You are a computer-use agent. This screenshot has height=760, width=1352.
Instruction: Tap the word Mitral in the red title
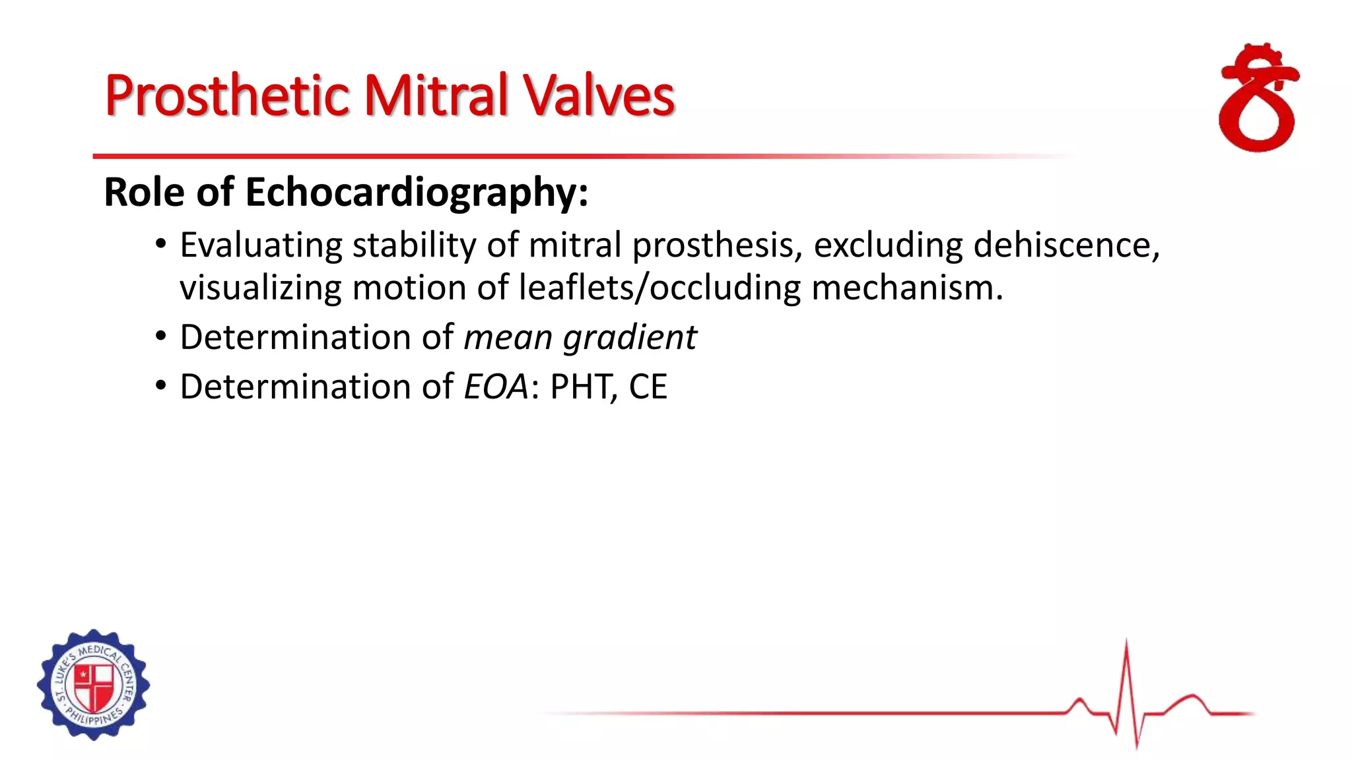[x=436, y=96]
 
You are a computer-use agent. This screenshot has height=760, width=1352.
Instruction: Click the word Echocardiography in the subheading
[x=417, y=193]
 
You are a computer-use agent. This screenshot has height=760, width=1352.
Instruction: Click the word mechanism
[x=907, y=288]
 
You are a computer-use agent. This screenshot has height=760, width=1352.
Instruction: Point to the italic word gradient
[x=630, y=338]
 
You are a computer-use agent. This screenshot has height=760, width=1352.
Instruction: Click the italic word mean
[x=508, y=338]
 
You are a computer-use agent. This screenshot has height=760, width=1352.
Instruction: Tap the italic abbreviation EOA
[x=496, y=387]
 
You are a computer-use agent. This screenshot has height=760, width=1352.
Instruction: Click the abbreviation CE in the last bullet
[x=648, y=387]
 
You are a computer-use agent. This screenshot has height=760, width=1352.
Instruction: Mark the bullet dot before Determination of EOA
[x=160, y=387]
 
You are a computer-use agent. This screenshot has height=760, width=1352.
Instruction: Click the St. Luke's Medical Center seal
[x=93, y=685]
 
